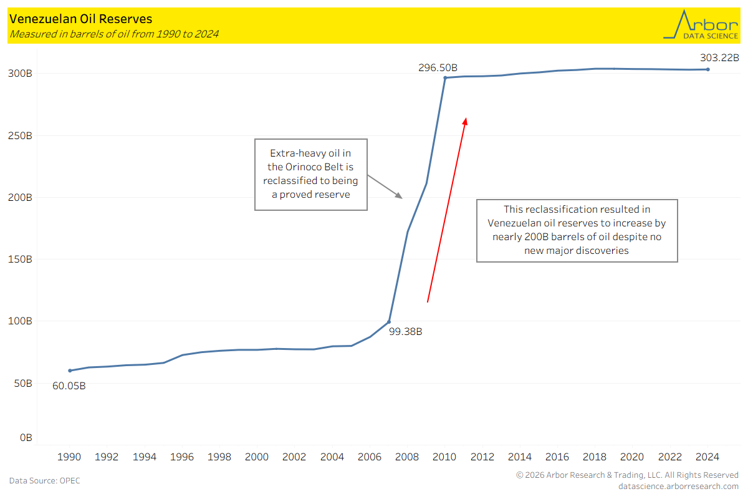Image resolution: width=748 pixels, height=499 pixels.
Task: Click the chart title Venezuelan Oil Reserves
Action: pos(81,20)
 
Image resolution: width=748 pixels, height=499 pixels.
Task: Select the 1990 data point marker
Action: pos(70,371)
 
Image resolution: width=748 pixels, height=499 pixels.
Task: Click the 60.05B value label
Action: pos(69,386)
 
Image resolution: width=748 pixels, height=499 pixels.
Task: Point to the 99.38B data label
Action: pos(405,332)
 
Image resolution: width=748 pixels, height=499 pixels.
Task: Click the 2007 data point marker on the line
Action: pos(389,322)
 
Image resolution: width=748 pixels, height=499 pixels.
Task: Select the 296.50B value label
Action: pos(438,67)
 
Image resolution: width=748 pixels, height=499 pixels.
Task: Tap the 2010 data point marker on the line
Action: pos(445,77)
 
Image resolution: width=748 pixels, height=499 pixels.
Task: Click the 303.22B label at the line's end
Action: pos(719,58)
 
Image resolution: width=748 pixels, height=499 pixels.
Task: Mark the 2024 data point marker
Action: pos(707,69)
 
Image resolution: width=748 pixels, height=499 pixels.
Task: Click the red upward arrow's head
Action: pos(465,120)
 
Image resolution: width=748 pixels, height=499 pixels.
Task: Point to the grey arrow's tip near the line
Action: pos(401,198)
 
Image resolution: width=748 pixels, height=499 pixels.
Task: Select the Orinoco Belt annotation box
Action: pos(311,174)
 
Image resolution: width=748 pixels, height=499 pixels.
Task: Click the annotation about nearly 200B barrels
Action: pos(577,230)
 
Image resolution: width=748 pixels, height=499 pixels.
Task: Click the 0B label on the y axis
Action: pos(26,438)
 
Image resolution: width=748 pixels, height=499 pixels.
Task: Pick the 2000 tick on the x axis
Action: pos(257,457)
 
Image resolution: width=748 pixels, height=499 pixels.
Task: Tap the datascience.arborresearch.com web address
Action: pos(678,487)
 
